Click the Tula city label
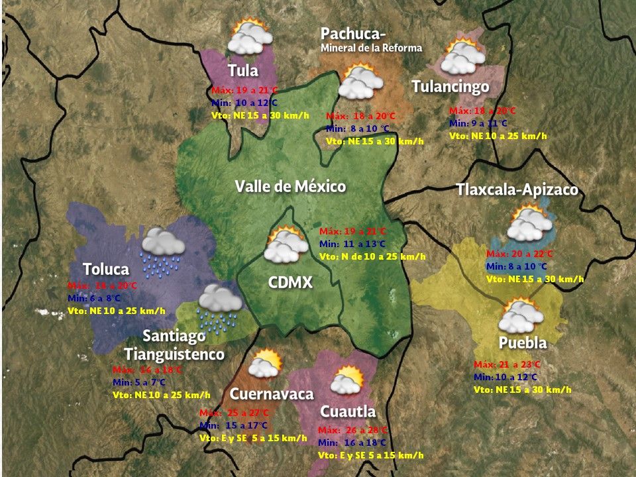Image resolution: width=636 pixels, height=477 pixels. pos(242,71)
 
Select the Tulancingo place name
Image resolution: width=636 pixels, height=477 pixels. pos(450,87)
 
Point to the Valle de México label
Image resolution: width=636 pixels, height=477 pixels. pos(290,187)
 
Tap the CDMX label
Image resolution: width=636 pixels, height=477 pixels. pos(290,283)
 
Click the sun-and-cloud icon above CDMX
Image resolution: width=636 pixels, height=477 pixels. pos(286,244)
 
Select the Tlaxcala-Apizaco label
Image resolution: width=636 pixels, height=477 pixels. pos(517,190)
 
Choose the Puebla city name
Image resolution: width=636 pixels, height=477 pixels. pos(523,343)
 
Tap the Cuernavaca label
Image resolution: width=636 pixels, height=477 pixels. pos(271,394)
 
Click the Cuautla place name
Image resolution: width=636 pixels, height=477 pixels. pos(347,412)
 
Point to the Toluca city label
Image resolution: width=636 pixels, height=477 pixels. pos(106,269)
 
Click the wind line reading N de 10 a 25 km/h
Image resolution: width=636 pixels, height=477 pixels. pos(372,256)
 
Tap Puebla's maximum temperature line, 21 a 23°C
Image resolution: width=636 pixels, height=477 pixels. pos(507,364)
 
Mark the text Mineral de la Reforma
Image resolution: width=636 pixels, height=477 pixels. pos(371,48)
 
